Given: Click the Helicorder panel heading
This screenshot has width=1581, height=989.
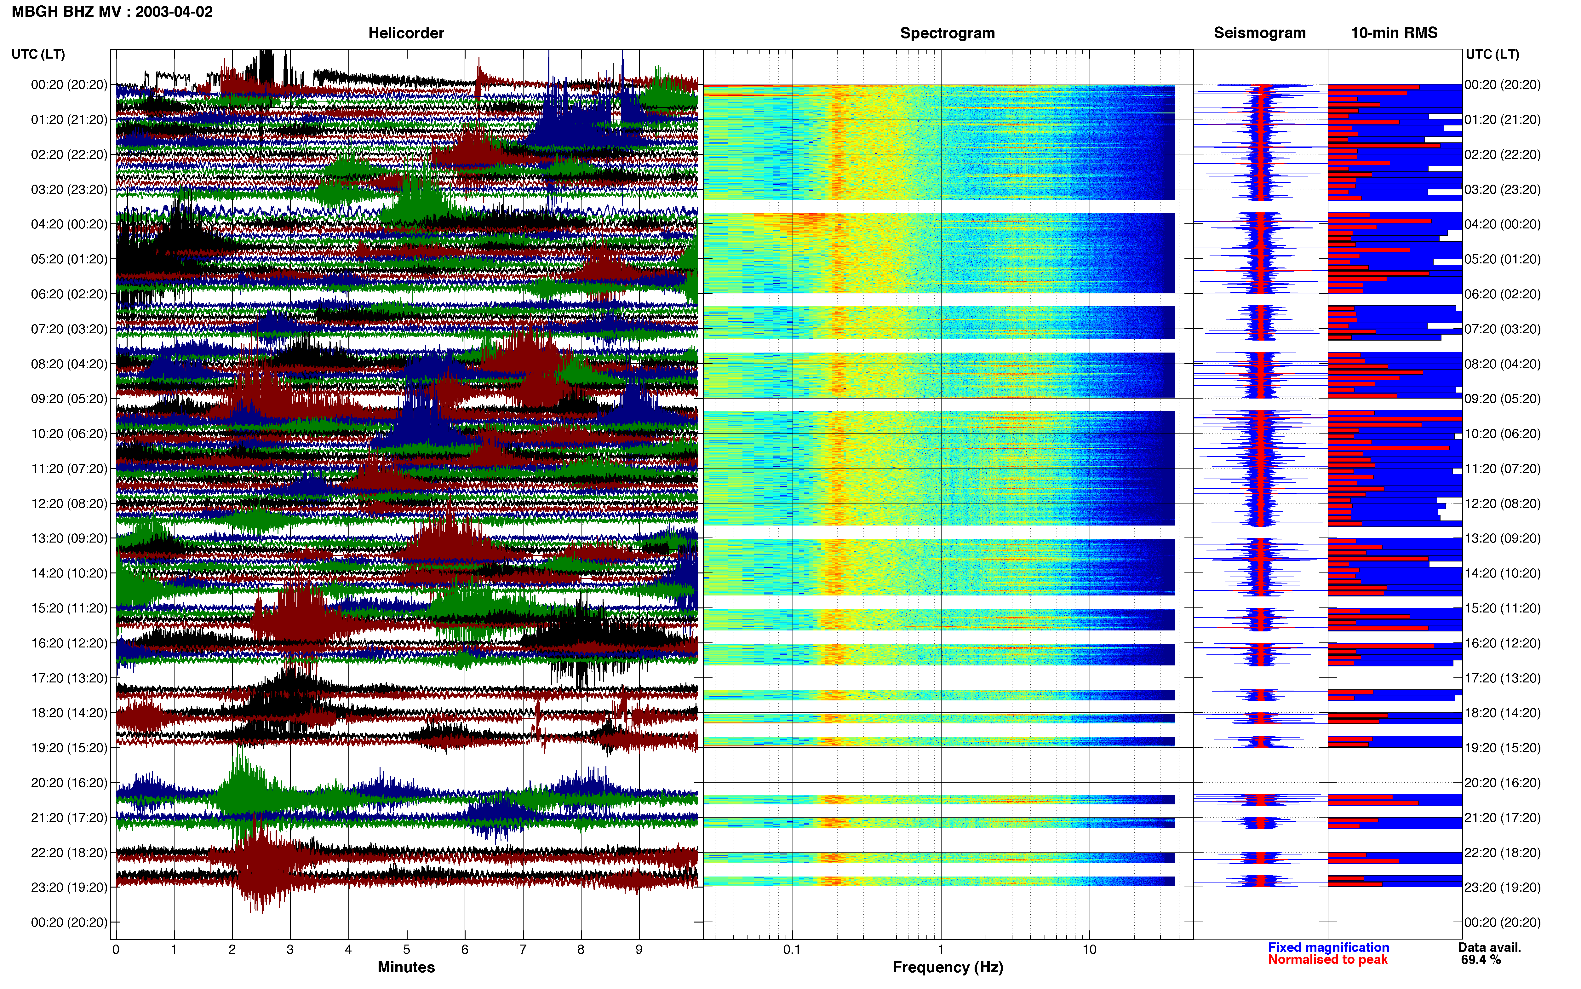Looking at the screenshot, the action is click(406, 33).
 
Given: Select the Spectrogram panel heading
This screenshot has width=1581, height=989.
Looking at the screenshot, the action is click(948, 33).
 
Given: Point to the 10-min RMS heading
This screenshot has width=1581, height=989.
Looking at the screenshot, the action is click(1394, 33).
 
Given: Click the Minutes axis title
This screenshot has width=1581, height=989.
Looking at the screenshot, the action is click(406, 967).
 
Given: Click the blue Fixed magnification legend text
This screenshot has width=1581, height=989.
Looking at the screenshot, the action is click(1329, 947).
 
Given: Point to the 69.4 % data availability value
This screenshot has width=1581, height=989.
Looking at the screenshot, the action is click(1481, 960).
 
